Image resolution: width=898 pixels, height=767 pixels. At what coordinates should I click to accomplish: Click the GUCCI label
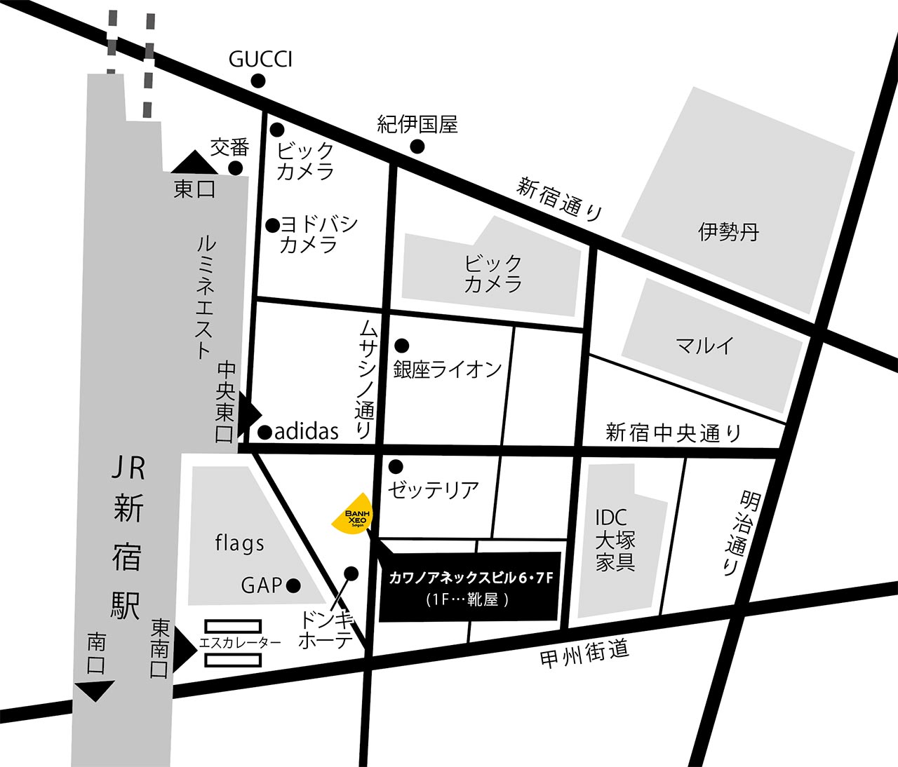[260, 60]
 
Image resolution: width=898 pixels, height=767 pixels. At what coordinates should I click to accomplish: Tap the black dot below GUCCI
[258, 81]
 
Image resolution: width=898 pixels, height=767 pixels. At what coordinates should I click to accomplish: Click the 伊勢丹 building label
[728, 232]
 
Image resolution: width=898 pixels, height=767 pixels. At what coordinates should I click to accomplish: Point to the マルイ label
[704, 345]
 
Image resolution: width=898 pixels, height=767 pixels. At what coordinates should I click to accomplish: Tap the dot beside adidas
[265, 432]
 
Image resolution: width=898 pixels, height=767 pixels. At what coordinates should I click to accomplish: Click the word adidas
[307, 431]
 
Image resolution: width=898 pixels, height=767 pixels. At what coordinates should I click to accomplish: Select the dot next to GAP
[293, 585]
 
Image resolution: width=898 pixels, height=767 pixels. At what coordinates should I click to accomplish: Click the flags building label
[240, 543]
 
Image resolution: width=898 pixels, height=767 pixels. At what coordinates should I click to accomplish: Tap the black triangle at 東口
[195, 164]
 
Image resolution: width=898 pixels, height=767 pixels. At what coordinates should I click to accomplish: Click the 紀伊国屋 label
[417, 125]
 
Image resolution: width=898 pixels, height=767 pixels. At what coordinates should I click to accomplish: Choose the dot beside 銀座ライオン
[402, 346]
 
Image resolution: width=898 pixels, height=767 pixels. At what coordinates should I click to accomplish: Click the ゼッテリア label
[433, 489]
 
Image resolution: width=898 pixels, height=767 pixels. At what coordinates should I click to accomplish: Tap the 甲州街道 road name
[584, 654]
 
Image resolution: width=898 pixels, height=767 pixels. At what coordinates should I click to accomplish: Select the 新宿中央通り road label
[673, 433]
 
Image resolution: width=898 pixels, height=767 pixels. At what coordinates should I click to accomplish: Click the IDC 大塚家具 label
[615, 540]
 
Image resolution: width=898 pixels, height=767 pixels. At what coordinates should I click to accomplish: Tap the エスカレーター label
[241, 642]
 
